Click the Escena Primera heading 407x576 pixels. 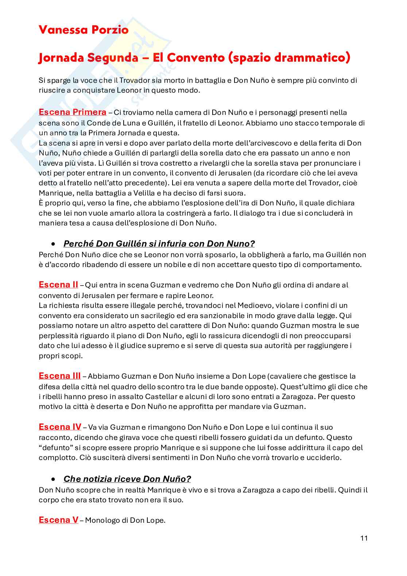[x=72, y=112]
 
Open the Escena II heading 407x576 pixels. [x=58, y=285]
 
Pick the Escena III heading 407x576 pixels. [x=59, y=376]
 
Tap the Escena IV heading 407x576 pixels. [x=60, y=427]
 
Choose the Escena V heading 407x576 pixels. [x=58, y=520]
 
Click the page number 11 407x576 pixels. [x=364, y=538]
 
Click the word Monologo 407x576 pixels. [x=101, y=521]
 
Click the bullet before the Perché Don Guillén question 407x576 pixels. [x=54, y=244]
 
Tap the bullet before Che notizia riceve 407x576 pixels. [x=54, y=479]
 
